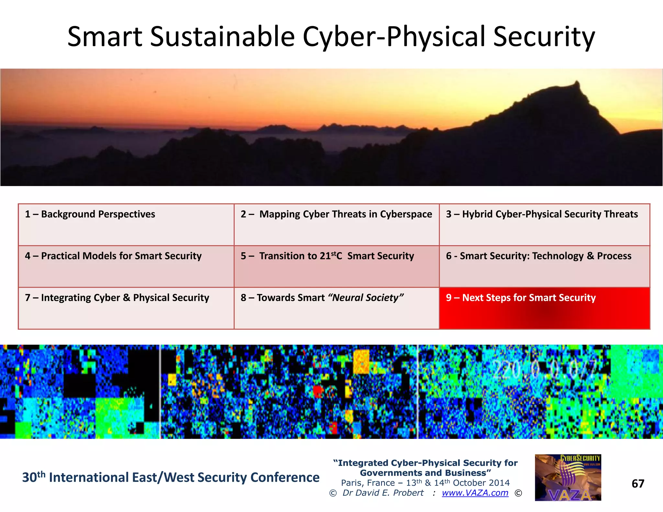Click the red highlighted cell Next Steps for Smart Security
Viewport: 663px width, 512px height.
pyautogui.click(x=544, y=307)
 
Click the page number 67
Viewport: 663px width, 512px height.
pyautogui.click(x=638, y=484)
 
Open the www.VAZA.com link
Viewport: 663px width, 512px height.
pyautogui.click(x=475, y=493)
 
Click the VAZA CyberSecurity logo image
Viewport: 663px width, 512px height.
pyautogui.click(x=568, y=478)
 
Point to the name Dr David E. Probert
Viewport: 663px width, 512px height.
pyautogui.click(x=383, y=493)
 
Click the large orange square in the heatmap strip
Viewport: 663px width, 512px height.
pyautogui.click(x=361, y=362)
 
